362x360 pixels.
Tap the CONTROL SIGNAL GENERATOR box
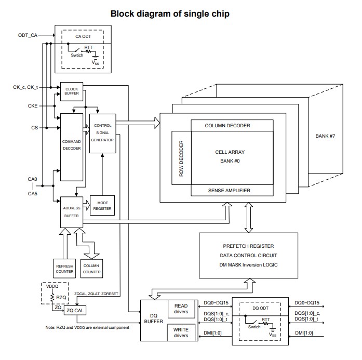[x=102, y=132]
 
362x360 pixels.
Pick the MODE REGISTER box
[x=102, y=205]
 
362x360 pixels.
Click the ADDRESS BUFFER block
[x=71, y=211]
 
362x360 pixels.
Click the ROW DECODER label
[x=181, y=158]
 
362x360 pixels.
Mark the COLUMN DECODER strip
[x=227, y=125]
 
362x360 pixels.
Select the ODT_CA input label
[x=26, y=35]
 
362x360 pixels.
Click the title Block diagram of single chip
[x=170, y=14]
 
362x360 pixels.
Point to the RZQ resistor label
[x=61, y=298]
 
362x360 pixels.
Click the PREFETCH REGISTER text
[x=248, y=246]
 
